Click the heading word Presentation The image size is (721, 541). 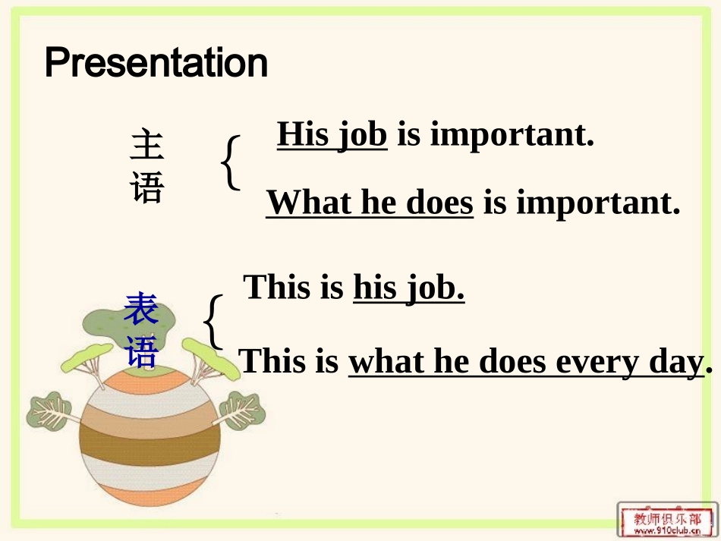point(156,64)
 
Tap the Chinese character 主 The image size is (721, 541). point(147,144)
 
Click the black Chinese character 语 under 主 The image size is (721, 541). point(147,187)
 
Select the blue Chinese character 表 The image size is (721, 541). point(141,309)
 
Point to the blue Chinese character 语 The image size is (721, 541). point(141,351)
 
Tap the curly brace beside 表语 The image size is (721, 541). point(214,322)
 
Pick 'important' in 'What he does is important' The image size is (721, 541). point(598,204)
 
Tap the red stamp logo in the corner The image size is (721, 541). point(667,520)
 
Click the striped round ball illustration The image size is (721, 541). point(150,437)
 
